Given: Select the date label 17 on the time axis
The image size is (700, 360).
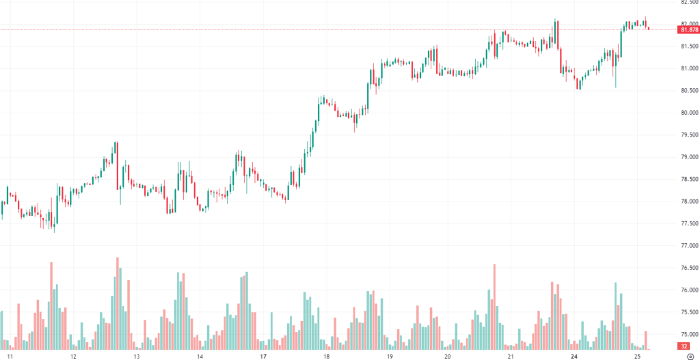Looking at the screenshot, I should click(263, 357).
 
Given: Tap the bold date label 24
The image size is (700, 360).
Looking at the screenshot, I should click(574, 357).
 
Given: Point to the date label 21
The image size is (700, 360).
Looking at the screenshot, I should click(511, 357).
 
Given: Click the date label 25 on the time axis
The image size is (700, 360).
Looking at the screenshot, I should click(637, 357).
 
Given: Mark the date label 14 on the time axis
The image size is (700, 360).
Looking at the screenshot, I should click(200, 357).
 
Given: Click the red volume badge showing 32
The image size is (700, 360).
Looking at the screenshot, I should click(684, 347).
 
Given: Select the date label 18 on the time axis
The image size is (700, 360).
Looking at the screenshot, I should click(327, 357).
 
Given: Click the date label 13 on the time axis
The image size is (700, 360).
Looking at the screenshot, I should click(137, 357).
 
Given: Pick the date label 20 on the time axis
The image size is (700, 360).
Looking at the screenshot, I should click(447, 357).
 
